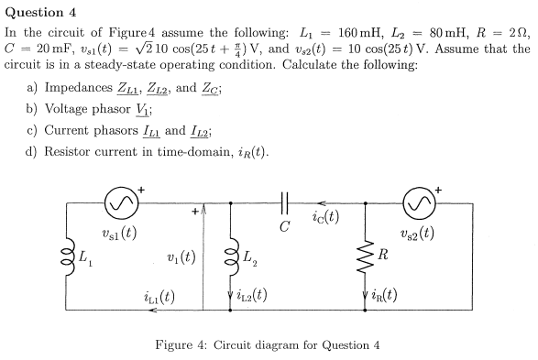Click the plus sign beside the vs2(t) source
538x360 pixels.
(439, 190)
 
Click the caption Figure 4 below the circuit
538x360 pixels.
(196, 345)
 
